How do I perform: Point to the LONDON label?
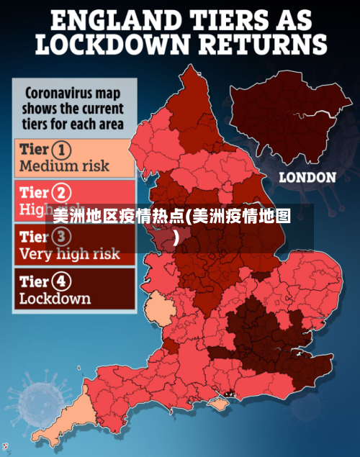(307, 177)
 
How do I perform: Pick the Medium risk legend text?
(64, 166)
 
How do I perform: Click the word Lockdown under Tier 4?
(55, 297)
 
